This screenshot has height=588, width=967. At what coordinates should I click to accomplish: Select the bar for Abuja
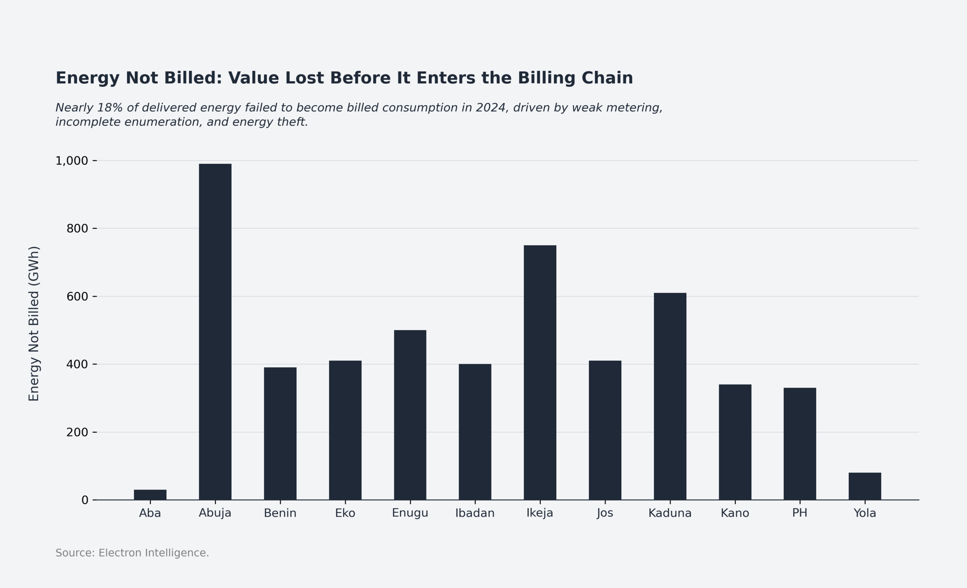point(215,332)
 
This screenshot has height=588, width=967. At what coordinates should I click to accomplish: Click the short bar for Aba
point(150,495)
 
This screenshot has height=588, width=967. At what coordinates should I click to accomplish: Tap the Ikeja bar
point(540,373)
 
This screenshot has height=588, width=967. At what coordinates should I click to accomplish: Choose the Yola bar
point(865,486)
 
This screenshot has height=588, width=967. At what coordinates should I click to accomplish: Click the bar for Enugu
point(410,415)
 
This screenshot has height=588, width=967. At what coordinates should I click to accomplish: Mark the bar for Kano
point(735,442)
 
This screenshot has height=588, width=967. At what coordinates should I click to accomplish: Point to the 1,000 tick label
point(71,161)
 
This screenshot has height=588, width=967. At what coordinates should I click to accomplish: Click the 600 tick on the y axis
point(77,296)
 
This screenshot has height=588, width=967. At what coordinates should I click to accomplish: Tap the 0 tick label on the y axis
point(85,500)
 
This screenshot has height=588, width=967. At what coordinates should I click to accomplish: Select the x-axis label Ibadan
point(475,513)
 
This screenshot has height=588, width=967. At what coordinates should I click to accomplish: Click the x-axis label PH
point(799,513)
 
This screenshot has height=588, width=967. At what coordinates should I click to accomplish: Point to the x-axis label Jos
point(605,513)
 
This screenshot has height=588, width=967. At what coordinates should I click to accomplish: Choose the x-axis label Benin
point(280,513)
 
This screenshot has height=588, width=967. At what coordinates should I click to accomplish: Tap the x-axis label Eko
point(345,513)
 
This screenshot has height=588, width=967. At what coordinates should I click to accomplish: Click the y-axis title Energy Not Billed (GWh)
point(34,323)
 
